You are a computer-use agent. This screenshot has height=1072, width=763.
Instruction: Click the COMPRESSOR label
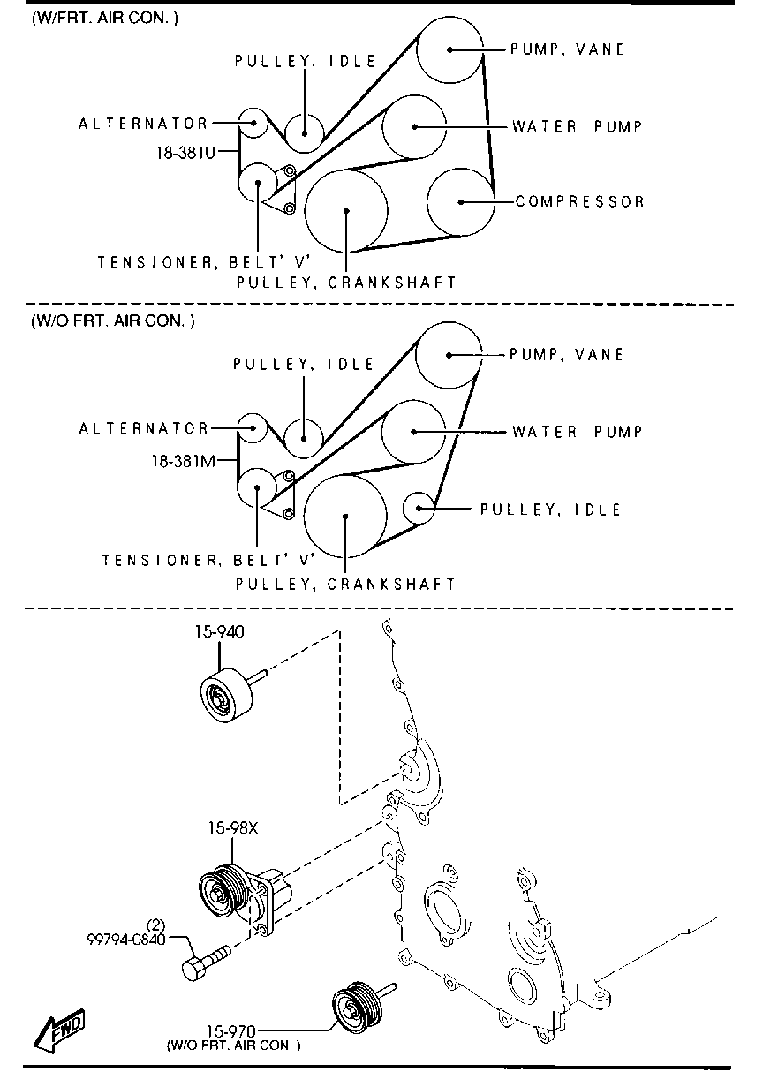click(x=580, y=201)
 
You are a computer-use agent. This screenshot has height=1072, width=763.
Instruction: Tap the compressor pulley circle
click(x=459, y=201)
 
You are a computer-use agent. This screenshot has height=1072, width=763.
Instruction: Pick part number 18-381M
click(x=184, y=460)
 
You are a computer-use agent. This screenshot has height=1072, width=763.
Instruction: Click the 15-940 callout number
click(x=219, y=632)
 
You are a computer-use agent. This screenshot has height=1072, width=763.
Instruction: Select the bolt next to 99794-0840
click(x=206, y=960)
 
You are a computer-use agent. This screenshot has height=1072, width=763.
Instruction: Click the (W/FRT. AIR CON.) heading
click(x=105, y=18)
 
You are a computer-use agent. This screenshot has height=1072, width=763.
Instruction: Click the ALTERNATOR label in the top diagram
click(x=144, y=125)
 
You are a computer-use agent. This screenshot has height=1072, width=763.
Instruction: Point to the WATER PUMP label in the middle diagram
click(x=577, y=432)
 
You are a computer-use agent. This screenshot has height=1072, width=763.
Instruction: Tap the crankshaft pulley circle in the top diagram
click(x=346, y=210)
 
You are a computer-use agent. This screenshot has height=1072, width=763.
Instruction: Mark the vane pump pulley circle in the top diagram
click(x=449, y=50)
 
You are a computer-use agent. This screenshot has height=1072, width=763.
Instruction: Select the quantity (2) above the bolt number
click(x=155, y=925)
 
